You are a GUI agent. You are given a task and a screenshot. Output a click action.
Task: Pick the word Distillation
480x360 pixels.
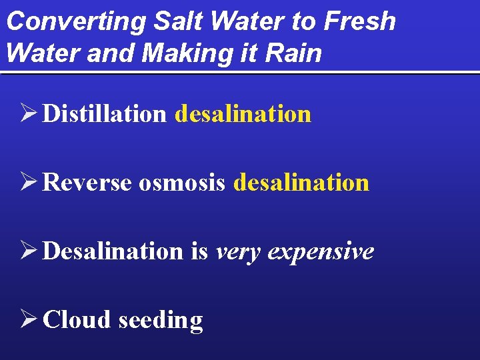tap(104, 114)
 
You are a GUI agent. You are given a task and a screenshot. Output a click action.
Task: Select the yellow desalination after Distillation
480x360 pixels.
tap(243, 114)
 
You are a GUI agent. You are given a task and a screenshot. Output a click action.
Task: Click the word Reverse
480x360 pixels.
tap(87, 183)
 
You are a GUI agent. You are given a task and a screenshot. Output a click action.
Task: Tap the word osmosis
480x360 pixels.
tap(182, 183)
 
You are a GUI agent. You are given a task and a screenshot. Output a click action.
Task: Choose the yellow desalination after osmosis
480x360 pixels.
tap(301, 183)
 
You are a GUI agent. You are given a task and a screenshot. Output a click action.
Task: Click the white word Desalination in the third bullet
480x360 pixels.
tap(113, 251)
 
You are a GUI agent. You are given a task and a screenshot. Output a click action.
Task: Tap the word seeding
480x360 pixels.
tap(160, 321)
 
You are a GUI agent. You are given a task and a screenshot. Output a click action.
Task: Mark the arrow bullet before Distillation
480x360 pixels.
tap(28, 114)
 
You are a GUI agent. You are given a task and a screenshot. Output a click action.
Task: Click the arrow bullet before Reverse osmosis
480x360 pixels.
tap(28, 183)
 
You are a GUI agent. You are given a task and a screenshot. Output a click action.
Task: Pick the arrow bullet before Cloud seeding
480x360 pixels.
tap(28, 320)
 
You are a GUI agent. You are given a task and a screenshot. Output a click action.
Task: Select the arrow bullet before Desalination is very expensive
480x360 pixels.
tap(28, 251)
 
